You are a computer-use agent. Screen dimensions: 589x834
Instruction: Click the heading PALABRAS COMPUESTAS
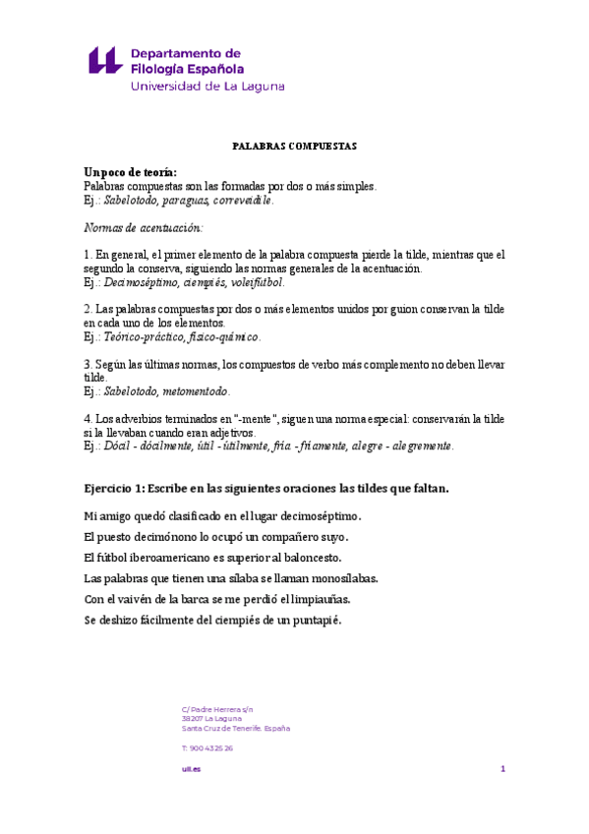click(x=294, y=146)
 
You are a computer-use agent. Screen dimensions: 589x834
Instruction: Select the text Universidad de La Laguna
click(x=207, y=87)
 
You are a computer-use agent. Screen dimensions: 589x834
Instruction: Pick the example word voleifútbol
click(x=254, y=282)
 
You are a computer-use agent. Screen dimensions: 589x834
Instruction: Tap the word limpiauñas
click(x=320, y=599)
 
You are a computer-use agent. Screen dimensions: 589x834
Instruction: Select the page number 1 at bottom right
click(x=502, y=768)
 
